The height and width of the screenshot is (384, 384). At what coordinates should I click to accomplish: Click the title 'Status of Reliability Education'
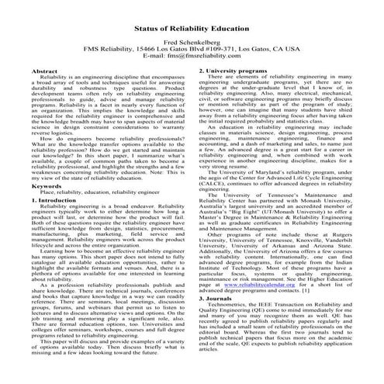(192, 27)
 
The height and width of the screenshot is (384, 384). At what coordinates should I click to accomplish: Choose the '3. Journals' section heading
(219, 320)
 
